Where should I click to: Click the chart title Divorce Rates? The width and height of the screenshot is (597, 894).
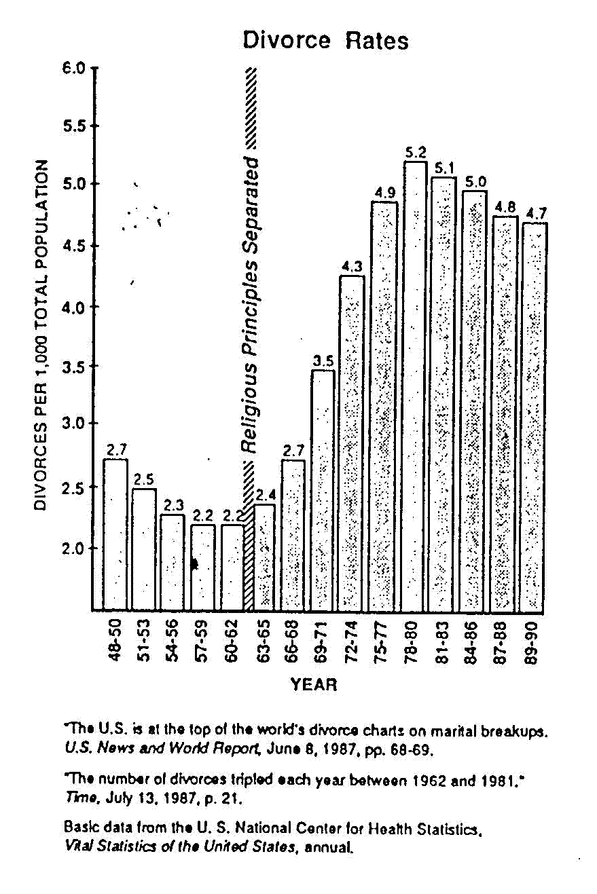point(326,41)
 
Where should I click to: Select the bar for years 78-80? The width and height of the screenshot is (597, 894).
point(414,387)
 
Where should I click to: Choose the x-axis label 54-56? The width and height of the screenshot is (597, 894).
point(173,641)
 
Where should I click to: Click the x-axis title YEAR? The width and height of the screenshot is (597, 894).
point(314,684)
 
